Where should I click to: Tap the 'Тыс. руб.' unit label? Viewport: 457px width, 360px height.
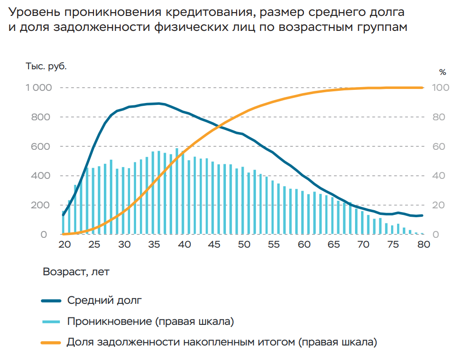[x=46, y=66]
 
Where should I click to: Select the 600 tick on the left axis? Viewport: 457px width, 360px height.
[x=41, y=147]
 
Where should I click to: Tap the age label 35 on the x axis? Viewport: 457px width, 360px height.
[x=154, y=244]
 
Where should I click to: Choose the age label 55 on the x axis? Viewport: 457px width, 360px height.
[x=274, y=244]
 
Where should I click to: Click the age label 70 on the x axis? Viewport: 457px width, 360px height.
[x=363, y=244]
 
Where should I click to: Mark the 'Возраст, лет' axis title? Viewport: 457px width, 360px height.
[x=76, y=272]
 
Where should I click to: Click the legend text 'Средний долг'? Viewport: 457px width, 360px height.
[x=103, y=301]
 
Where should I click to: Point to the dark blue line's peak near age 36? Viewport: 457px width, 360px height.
[x=159, y=103]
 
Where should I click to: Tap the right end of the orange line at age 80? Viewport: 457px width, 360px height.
[x=422, y=88]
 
